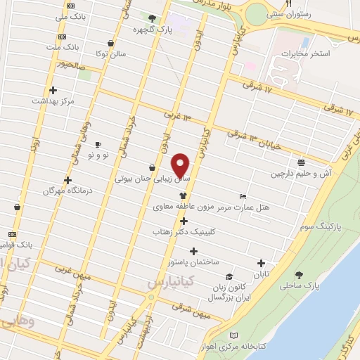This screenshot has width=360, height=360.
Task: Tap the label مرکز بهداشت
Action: coord(53,101)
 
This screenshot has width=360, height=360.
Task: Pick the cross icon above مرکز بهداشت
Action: coord(53,90)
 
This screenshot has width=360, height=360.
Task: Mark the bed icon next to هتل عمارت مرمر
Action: coord(243,196)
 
